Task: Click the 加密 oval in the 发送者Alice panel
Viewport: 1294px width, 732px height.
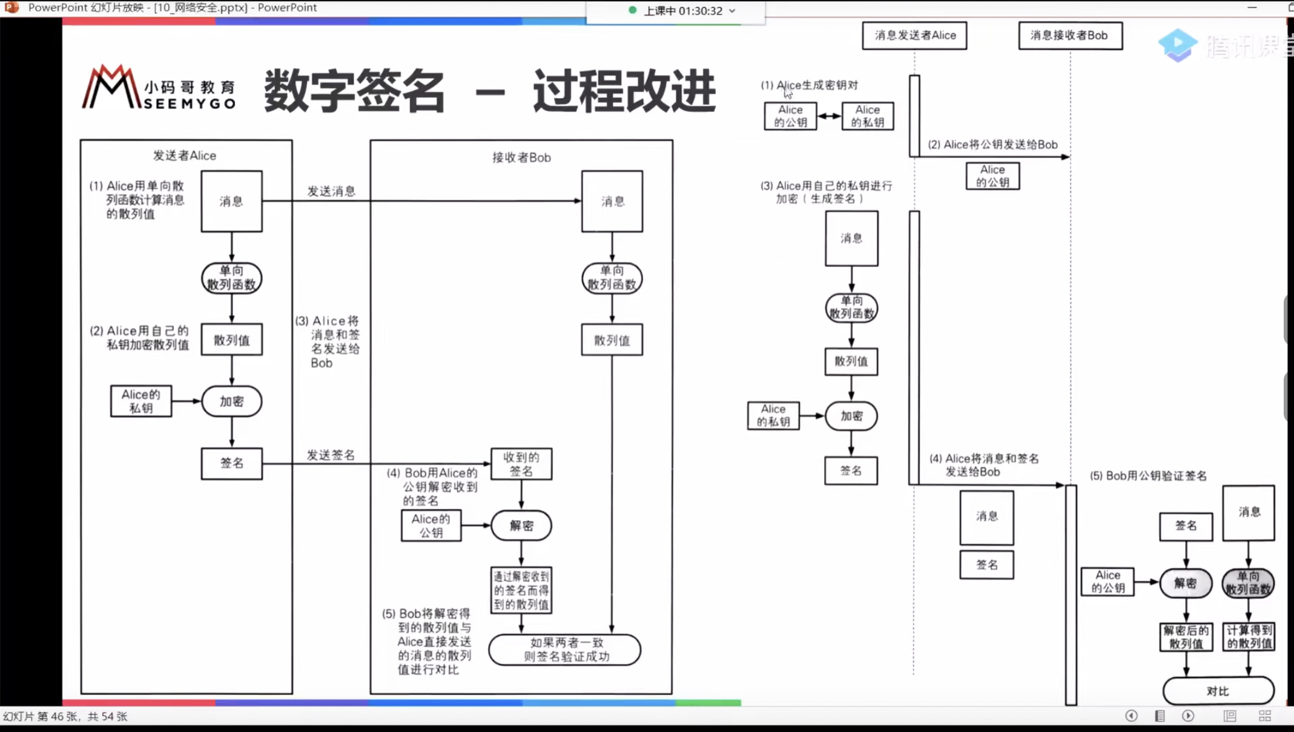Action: coord(231,401)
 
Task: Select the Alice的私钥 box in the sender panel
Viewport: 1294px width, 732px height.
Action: coord(140,401)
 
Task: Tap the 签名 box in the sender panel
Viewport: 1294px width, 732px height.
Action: coord(231,464)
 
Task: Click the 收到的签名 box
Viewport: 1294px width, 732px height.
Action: coord(521,464)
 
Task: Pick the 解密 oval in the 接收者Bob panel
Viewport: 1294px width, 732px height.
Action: coord(521,526)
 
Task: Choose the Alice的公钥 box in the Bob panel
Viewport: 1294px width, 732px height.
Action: coord(431,526)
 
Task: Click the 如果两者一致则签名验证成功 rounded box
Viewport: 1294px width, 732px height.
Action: coord(564,650)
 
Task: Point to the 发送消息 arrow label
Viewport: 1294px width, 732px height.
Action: coord(331,191)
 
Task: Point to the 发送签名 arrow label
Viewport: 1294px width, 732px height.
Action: coord(331,455)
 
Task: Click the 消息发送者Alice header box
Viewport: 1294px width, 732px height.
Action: coord(914,35)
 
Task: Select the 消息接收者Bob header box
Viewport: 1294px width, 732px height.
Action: coord(1069,35)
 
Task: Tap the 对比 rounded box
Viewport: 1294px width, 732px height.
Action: coord(1218,691)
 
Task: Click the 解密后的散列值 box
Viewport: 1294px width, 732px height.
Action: coord(1186,637)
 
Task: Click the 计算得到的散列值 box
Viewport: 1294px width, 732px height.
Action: coord(1249,637)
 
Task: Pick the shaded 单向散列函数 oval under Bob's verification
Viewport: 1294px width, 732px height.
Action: coord(1248,583)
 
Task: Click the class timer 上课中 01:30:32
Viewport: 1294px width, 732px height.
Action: coord(682,11)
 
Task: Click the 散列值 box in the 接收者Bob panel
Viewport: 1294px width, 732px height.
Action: coord(612,340)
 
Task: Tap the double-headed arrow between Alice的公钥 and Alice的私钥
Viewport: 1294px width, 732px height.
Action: coord(829,116)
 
